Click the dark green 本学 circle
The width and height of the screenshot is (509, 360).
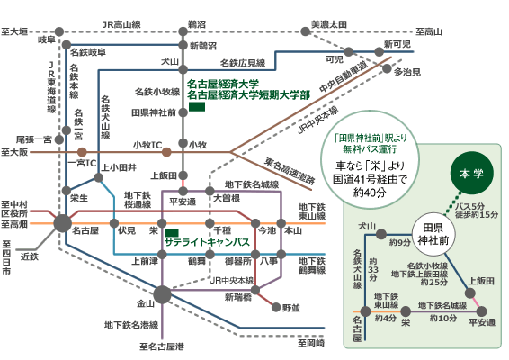[471, 173]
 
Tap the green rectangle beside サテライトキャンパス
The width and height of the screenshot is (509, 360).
[172, 233]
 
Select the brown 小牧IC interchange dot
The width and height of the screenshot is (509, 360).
[166, 152]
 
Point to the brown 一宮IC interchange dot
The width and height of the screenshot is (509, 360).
[82, 152]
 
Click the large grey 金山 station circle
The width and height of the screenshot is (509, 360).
[162, 294]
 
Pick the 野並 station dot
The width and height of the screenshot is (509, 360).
[276, 307]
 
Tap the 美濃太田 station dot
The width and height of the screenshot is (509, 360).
[305, 31]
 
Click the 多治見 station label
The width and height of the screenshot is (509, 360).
[407, 72]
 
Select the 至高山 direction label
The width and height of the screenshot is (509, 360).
[429, 31]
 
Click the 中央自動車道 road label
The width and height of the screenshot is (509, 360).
[344, 76]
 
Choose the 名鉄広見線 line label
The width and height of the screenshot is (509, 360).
[243, 63]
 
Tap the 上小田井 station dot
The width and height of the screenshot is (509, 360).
[98, 177]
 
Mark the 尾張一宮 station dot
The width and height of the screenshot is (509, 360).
[59, 140]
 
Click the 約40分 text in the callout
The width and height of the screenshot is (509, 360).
[370, 193]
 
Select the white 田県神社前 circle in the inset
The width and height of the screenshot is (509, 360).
[433, 234]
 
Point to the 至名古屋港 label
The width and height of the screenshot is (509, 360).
[162, 346]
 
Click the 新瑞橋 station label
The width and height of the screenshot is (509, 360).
[238, 297]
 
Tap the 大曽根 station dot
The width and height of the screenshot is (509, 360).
[210, 191]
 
